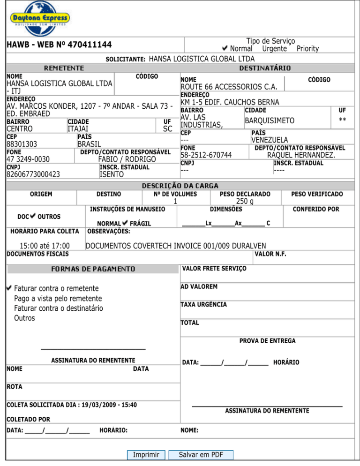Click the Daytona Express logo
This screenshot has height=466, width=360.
click(39, 18)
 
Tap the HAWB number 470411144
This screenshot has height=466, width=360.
click(90, 45)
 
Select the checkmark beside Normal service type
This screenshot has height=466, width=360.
click(225, 48)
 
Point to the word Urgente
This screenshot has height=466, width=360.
click(274, 48)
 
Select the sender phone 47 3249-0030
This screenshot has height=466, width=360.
click(28, 159)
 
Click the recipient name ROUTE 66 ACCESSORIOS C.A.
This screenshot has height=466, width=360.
click(232, 87)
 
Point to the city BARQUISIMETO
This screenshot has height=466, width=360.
click(270, 121)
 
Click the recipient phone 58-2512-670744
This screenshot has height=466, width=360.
click(210, 155)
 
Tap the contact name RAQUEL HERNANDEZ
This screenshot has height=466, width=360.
click(301, 155)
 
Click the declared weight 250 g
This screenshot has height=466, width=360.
click(245, 202)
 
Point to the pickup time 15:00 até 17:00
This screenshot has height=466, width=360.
click(45, 246)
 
